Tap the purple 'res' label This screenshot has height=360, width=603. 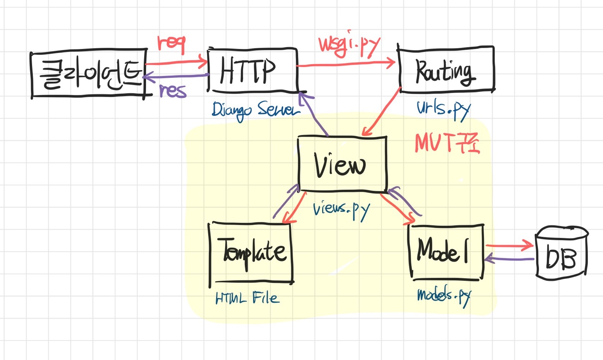173,91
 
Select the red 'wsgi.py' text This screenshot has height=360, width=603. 349,46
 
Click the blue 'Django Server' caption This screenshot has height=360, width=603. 256,110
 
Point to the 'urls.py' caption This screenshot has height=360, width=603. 444,110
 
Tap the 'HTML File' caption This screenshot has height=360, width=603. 247,298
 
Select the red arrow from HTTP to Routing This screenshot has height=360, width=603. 346,64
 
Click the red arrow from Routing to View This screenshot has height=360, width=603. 382,112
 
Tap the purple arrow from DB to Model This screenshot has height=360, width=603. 509,259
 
